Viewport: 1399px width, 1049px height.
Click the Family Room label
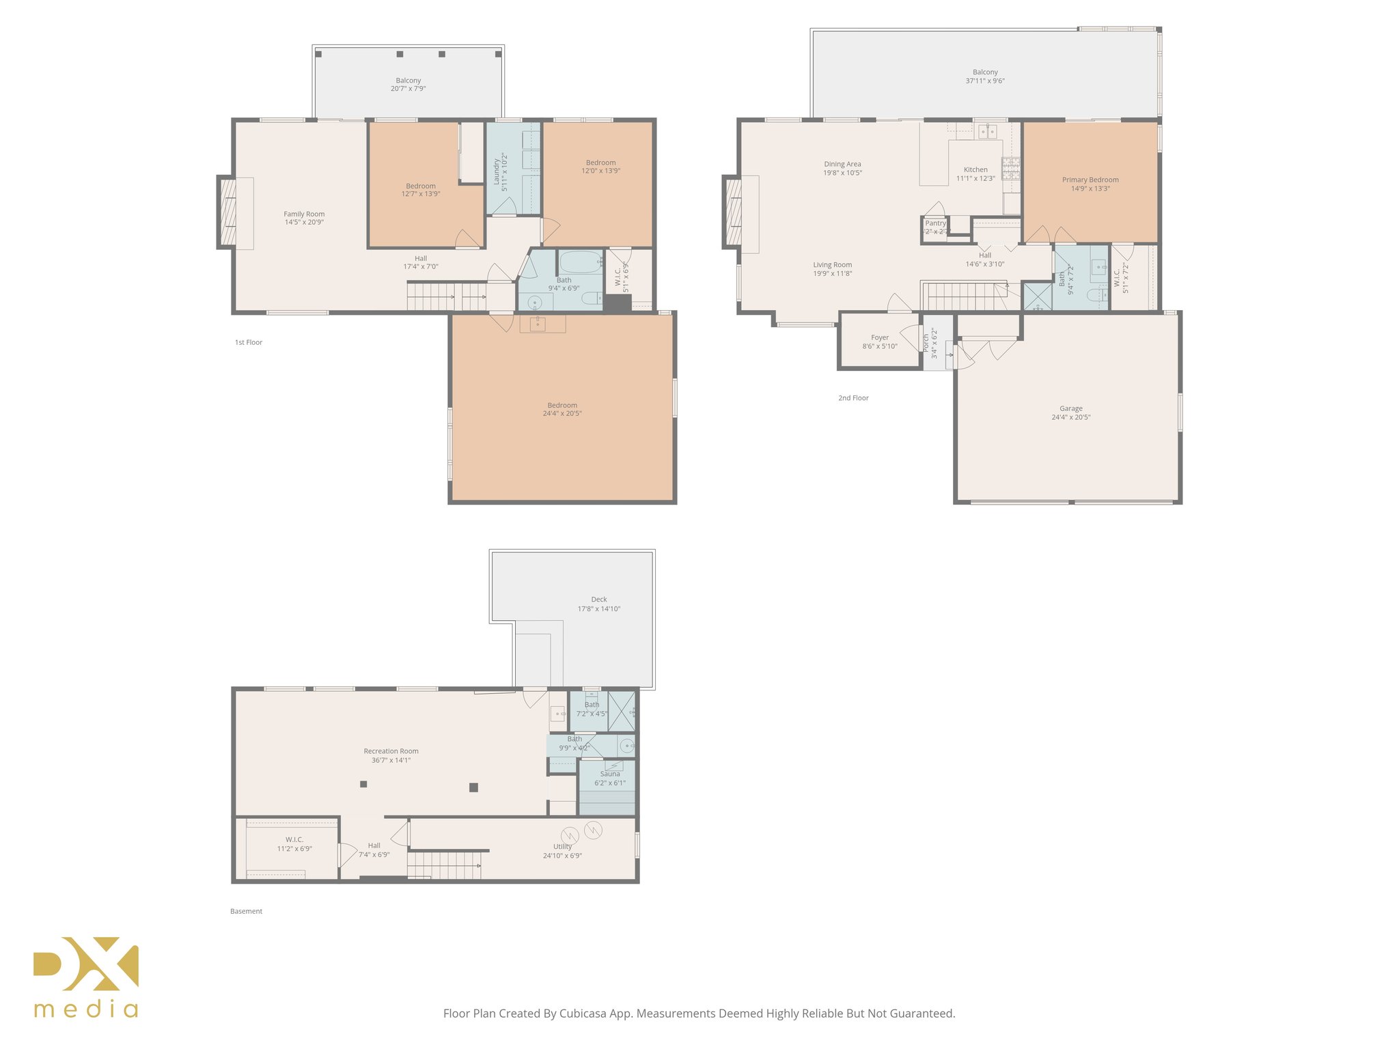304,214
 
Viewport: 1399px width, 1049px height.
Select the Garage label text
1070,408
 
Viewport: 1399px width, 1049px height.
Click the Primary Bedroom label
1090,180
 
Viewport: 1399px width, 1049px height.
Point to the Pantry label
935,223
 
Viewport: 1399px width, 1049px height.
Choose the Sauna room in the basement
609,779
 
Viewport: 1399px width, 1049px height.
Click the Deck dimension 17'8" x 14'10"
598,609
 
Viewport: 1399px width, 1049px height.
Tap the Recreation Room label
391,751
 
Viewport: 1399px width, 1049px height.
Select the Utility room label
562,847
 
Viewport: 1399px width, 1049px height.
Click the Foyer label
879,338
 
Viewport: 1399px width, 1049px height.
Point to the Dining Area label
842,165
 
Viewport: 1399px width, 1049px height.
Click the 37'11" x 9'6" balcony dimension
984,81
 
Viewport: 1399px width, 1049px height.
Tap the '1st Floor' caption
249,343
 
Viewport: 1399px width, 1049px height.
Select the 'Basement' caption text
246,911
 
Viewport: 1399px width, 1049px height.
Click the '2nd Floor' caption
853,398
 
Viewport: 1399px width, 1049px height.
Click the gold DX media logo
86,977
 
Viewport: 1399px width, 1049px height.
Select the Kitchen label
975,170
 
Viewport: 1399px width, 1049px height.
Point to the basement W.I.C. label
294,840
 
